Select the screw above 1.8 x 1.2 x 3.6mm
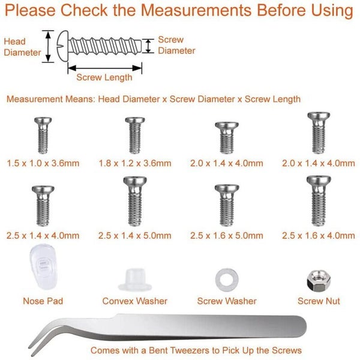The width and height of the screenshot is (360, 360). [133, 134]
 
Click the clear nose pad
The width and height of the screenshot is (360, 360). [41, 268]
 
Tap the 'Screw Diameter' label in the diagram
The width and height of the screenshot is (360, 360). [176, 46]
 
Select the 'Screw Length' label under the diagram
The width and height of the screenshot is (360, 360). [104, 77]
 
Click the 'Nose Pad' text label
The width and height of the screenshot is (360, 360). [43, 301]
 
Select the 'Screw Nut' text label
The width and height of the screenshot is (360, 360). [317, 301]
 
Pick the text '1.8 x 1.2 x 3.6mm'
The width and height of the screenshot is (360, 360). [135, 163]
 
